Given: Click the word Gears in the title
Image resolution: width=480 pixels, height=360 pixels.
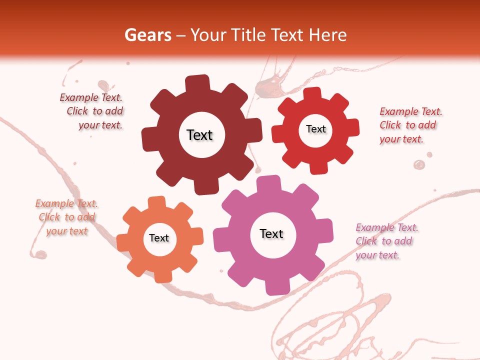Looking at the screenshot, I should point(147,35).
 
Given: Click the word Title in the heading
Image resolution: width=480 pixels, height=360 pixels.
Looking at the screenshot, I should point(250,35).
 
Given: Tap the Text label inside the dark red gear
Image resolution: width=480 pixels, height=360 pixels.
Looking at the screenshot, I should point(199,135).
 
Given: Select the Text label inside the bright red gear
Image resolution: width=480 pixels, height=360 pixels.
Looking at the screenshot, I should point(315,129).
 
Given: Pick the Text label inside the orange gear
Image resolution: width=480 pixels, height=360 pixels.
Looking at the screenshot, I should point(159,238).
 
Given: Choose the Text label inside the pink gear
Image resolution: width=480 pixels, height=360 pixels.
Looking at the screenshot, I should point(271,233).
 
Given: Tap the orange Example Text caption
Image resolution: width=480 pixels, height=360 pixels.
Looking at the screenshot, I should point(66,217).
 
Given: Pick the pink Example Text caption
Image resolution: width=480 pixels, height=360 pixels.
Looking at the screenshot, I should point(385,241).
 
